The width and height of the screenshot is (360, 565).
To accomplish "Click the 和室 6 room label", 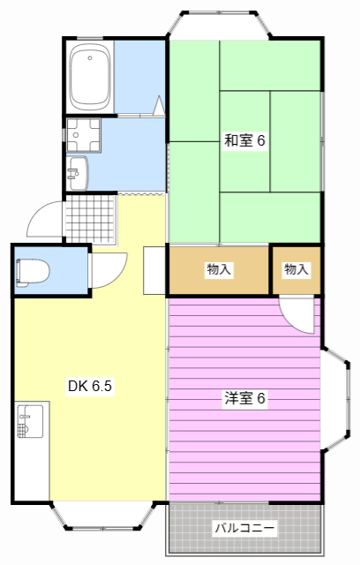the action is [x=244, y=140].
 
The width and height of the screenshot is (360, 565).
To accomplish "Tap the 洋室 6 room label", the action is [x=244, y=398].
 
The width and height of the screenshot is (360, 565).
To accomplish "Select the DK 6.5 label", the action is [x=90, y=386].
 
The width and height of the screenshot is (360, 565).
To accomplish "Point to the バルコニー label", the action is [x=244, y=528].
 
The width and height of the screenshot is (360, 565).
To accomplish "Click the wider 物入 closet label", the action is [x=219, y=269].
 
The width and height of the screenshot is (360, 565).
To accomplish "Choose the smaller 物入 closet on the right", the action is [x=296, y=269].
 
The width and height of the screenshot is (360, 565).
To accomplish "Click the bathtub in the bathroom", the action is [x=90, y=77].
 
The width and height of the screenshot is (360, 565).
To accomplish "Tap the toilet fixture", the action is [x=32, y=273].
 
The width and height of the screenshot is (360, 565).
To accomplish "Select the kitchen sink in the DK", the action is [x=30, y=421].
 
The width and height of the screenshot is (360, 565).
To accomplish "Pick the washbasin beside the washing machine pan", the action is [x=77, y=173].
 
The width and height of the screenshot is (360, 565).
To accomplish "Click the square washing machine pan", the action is [x=84, y=135].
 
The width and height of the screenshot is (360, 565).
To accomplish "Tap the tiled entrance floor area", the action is [x=91, y=220].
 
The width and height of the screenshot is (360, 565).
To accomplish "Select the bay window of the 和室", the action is [x=219, y=24].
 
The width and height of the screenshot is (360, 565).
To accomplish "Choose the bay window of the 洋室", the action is [x=336, y=400].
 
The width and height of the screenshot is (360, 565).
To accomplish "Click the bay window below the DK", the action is [x=103, y=516].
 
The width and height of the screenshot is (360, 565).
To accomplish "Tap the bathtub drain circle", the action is [x=90, y=57].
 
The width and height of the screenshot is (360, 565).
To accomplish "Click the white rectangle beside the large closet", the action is [x=154, y=270].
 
